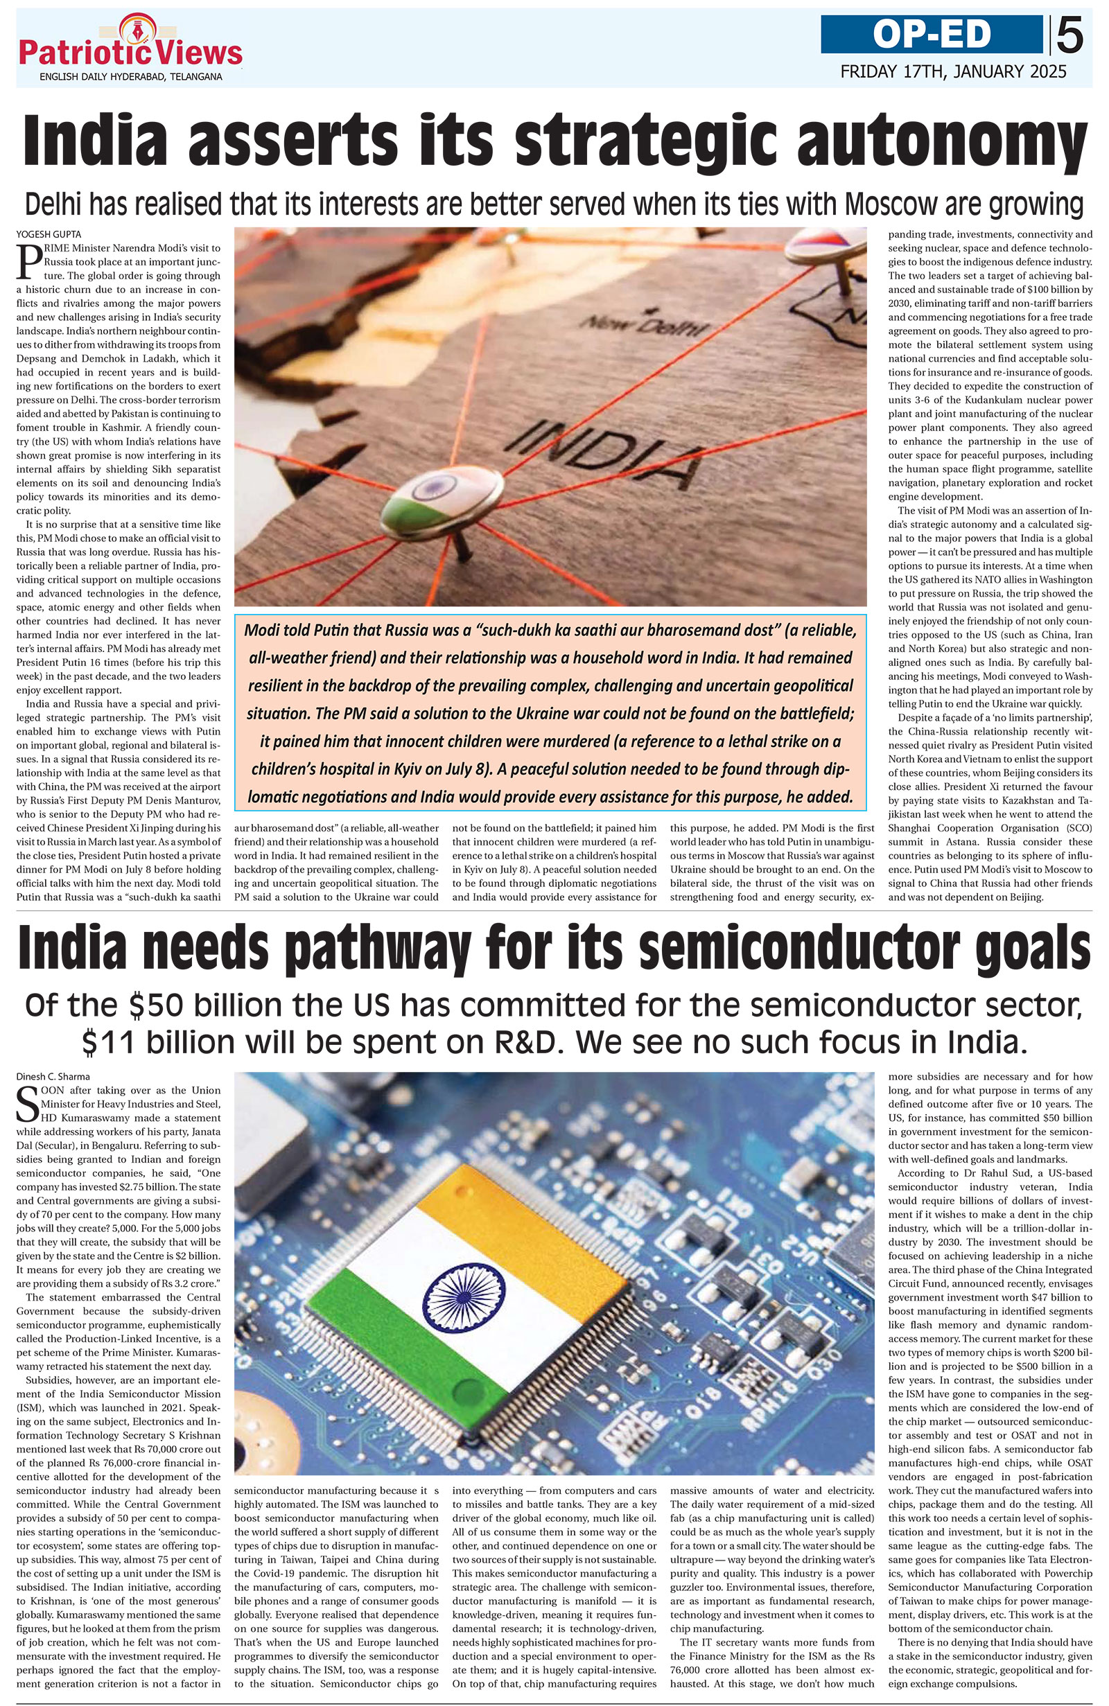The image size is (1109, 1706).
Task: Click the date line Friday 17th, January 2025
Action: pyautogui.click(x=953, y=71)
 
